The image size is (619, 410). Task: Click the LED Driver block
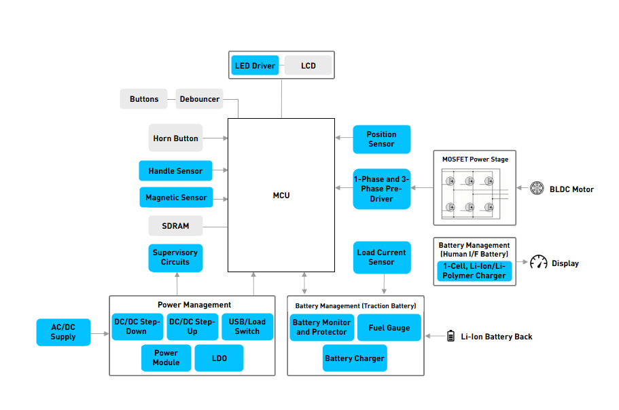coord(255,65)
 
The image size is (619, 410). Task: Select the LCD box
coord(308,65)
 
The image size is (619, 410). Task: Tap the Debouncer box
coord(199,99)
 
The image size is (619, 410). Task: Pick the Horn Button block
coord(176,138)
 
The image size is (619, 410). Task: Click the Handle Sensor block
coord(176,170)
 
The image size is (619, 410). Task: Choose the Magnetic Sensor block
coord(176,197)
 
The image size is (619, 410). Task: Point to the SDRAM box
coord(176,226)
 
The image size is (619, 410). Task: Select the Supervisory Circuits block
coord(176,258)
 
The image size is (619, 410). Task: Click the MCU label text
coord(281,195)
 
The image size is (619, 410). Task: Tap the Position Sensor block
coord(382,139)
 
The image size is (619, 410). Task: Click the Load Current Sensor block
coord(382,257)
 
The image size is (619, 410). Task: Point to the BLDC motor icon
coord(537,188)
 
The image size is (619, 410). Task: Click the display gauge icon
coord(538,262)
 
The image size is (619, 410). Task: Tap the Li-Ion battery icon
coord(450,336)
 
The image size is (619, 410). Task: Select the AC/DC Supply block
coord(64,333)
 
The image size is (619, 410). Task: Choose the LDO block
coord(219,358)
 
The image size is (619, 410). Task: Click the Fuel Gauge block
coord(389,328)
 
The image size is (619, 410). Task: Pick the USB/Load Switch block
coord(247,327)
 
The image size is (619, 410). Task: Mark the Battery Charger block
coord(355,358)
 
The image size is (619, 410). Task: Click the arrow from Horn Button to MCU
coord(215,138)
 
